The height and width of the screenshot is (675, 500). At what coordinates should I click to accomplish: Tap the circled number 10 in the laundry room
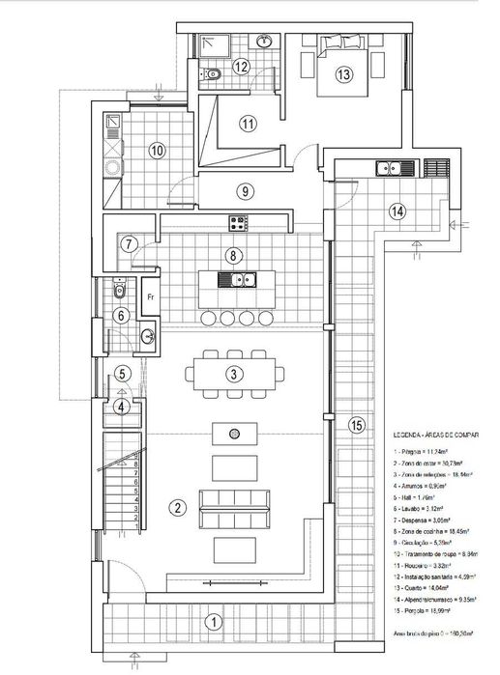pyautogui.click(x=157, y=150)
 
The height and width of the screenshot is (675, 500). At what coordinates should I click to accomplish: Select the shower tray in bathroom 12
pyautogui.click(x=210, y=44)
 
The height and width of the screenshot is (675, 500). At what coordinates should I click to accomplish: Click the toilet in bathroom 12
pyautogui.click(x=215, y=73)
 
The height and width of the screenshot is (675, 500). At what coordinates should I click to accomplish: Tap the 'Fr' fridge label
pyautogui.click(x=151, y=297)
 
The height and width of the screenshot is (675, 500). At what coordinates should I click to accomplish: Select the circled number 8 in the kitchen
pyautogui.click(x=232, y=256)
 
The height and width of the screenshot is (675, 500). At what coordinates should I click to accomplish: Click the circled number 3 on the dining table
pyautogui.click(x=232, y=374)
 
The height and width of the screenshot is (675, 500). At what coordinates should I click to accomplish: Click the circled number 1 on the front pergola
pyautogui.click(x=217, y=622)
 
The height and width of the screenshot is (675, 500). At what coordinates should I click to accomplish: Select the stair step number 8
pyautogui.click(x=136, y=464)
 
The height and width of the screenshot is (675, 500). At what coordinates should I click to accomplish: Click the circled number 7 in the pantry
pyautogui.click(x=130, y=244)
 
